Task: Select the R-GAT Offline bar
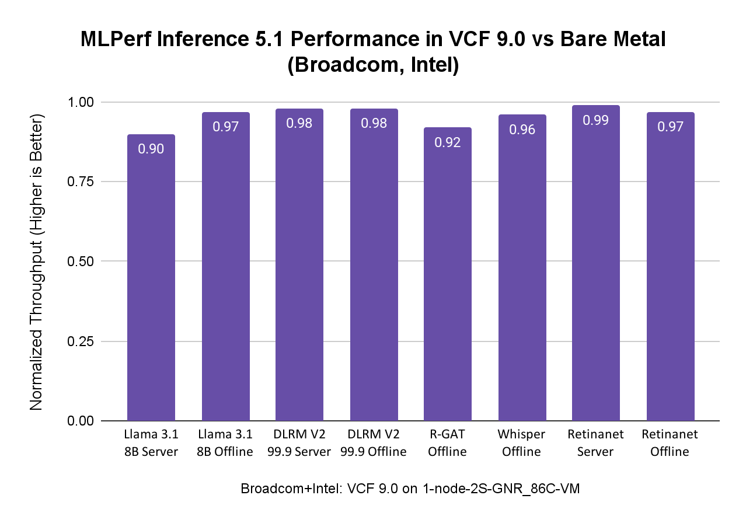(448, 274)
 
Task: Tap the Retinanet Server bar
(596, 263)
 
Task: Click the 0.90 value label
(151, 149)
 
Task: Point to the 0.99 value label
(596, 120)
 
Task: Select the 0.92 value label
(448, 142)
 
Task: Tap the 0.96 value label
(522, 130)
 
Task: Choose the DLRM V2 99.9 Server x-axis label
(299, 443)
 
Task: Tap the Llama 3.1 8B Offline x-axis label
(225, 443)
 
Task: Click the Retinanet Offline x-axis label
(670, 443)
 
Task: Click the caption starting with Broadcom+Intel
(410, 489)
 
